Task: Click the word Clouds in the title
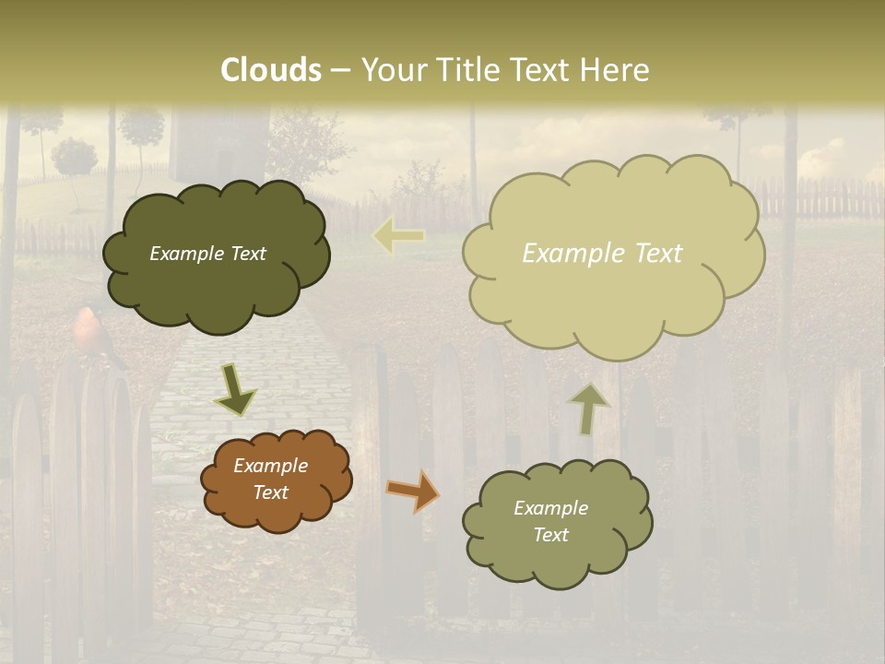[271, 70]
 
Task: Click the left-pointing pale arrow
[399, 236]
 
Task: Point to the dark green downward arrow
[236, 390]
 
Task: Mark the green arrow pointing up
[588, 409]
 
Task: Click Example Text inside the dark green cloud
[207, 254]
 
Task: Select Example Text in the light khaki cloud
[602, 254]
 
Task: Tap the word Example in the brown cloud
[270, 466]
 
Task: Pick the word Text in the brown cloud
[270, 492]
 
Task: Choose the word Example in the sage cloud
[550, 508]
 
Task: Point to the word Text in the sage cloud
[550, 535]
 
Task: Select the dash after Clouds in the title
[340, 71]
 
